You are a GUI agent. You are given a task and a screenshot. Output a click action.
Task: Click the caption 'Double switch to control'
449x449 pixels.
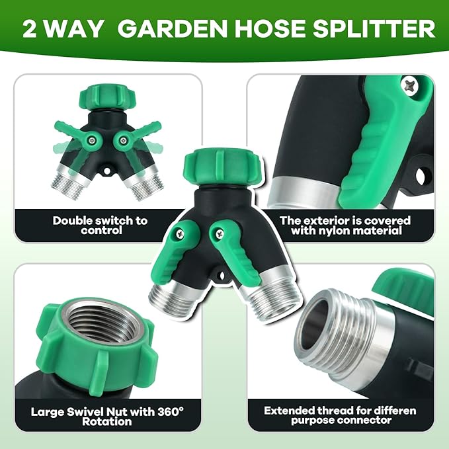click(101, 225)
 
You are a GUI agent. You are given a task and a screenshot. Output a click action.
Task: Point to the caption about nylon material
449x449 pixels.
click(345, 225)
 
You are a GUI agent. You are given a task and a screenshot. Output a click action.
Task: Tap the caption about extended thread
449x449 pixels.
click(340, 415)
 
